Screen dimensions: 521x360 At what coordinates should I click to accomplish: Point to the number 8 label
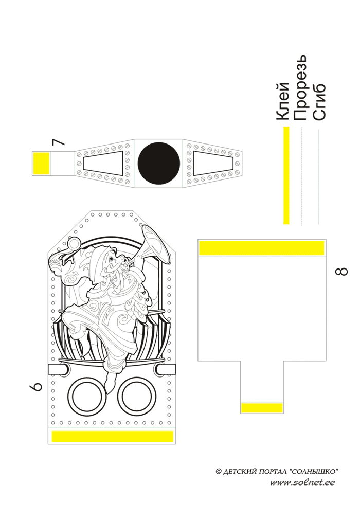coord(340,272)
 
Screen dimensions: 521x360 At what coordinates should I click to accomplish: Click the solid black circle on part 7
coord(159,163)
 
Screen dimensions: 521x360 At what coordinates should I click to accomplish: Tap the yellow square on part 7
coord(41,163)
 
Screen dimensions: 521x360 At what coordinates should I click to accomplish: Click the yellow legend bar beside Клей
coord(286,175)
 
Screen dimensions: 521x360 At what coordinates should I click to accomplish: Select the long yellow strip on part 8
coord(261,248)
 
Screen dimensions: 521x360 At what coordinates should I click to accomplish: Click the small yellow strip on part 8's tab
coord(262,408)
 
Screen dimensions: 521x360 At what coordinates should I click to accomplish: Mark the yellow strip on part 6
coord(112,437)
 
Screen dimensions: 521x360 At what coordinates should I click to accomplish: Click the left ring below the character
coord(85,397)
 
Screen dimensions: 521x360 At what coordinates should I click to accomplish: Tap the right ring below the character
coord(136,397)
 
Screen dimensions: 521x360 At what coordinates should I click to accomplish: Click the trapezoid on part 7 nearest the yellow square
coord(103,164)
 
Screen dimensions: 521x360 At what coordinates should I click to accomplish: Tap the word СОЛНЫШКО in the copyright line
coord(314,471)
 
